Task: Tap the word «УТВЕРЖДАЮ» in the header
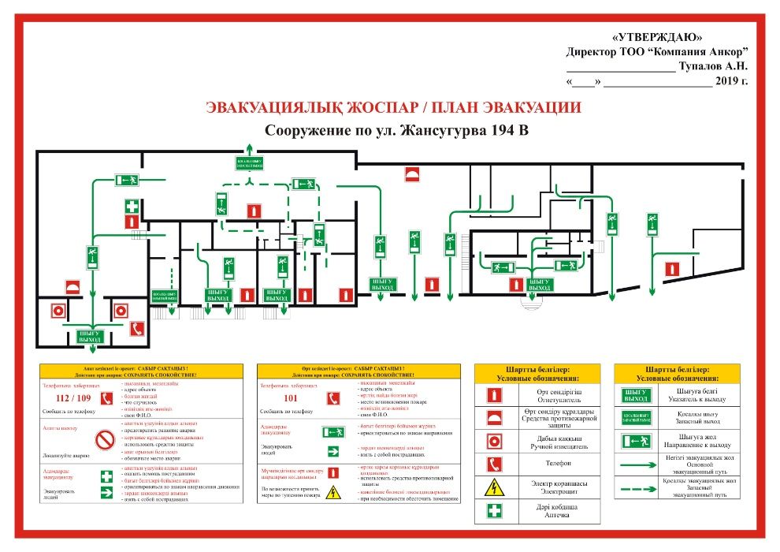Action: click(656, 37)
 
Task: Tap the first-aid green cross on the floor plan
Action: click(132, 207)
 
